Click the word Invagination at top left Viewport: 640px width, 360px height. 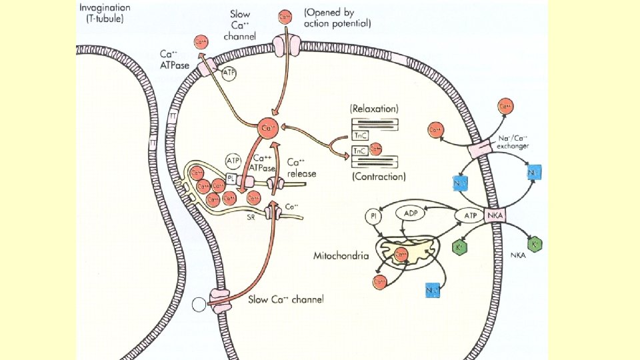click(106, 8)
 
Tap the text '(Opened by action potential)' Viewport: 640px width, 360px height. click(337, 17)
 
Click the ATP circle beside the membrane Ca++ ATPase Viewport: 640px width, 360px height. click(229, 74)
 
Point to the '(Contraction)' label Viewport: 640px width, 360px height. click(377, 177)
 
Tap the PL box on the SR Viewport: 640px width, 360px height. click(230, 179)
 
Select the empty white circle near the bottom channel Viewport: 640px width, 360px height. click(199, 305)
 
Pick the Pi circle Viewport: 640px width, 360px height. click(374, 216)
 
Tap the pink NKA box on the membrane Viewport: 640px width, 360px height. click(495, 215)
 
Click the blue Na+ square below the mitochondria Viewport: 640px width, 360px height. click(433, 290)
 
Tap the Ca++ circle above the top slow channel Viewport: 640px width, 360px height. click(285, 15)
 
